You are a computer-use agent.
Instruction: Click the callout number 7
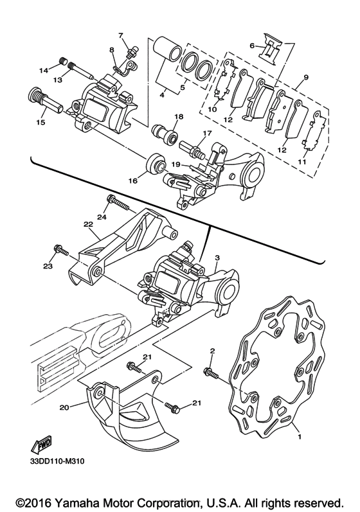[120, 35]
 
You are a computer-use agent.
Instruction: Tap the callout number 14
[44, 70]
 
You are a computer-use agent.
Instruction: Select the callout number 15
[41, 123]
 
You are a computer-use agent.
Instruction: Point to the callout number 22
[88, 225]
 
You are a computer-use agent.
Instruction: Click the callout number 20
[64, 407]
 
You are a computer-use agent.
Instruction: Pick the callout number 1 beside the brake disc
[300, 436]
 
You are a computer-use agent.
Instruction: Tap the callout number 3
[217, 258]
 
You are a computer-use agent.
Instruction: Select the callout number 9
[305, 77]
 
